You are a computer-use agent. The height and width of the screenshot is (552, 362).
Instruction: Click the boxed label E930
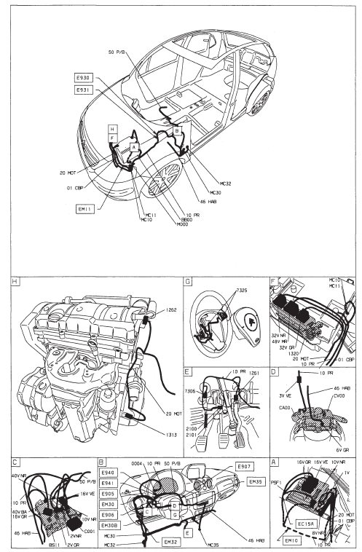(x=84, y=76)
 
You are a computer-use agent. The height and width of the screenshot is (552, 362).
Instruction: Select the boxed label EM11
(x=84, y=208)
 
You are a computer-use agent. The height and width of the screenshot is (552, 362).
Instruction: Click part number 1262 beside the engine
(x=168, y=309)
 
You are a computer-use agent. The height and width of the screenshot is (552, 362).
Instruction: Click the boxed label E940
(x=109, y=472)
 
